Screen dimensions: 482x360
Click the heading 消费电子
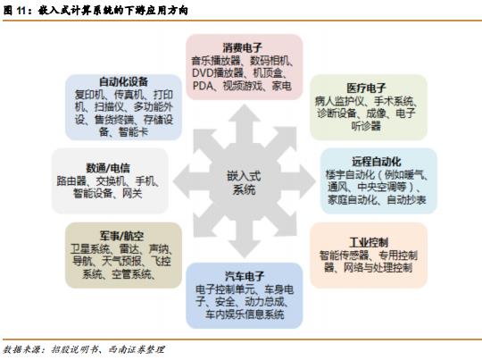243,47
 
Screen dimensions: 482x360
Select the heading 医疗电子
366,88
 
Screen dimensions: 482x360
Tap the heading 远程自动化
377,162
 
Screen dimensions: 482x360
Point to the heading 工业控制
369,242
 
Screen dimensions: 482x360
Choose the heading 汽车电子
245,276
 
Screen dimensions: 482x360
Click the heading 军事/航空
121,236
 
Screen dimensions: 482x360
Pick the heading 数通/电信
108,168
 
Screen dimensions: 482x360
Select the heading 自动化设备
123,81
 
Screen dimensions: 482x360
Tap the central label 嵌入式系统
244,183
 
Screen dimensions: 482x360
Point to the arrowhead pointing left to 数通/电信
181,181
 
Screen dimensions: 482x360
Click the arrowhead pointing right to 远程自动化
307,181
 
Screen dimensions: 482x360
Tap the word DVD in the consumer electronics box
203,73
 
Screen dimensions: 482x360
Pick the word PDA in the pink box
203,86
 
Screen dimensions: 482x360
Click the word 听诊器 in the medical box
366,126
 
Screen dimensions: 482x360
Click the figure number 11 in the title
21,11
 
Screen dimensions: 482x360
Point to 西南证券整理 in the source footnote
137,349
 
